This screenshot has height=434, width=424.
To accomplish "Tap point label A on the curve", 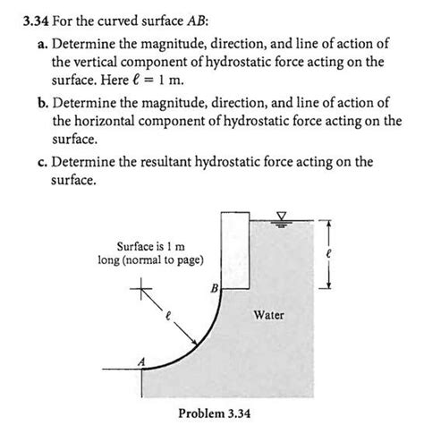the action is coord(139,361).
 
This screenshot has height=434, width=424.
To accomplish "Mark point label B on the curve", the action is coord(215,288).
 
